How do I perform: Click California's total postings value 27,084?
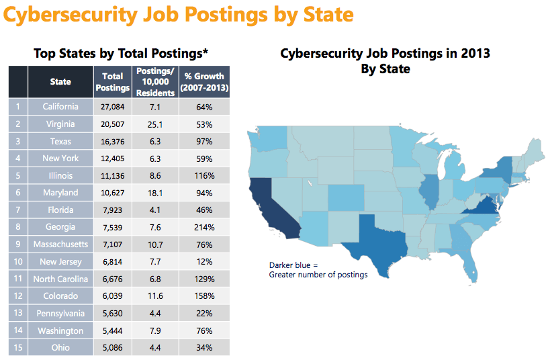click(x=112, y=107)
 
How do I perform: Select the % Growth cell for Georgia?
click(x=205, y=227)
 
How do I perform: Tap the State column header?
click(x=60, y=82)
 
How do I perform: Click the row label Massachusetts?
click(x=60, y=244)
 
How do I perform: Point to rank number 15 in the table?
click(x=18, y=348)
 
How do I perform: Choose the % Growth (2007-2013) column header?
click(x=205, y=82)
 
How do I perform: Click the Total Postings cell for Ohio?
click(x=112, y=348)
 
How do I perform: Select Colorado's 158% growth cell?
click(x=205, y=296)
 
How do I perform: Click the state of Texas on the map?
click(x=376, y=245)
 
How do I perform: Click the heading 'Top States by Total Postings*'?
click(x=120, y=53)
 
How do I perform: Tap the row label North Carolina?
click(x=60, y=279)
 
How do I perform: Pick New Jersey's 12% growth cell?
click(x=205, y=261)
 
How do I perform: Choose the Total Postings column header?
click(x=112, y=82)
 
